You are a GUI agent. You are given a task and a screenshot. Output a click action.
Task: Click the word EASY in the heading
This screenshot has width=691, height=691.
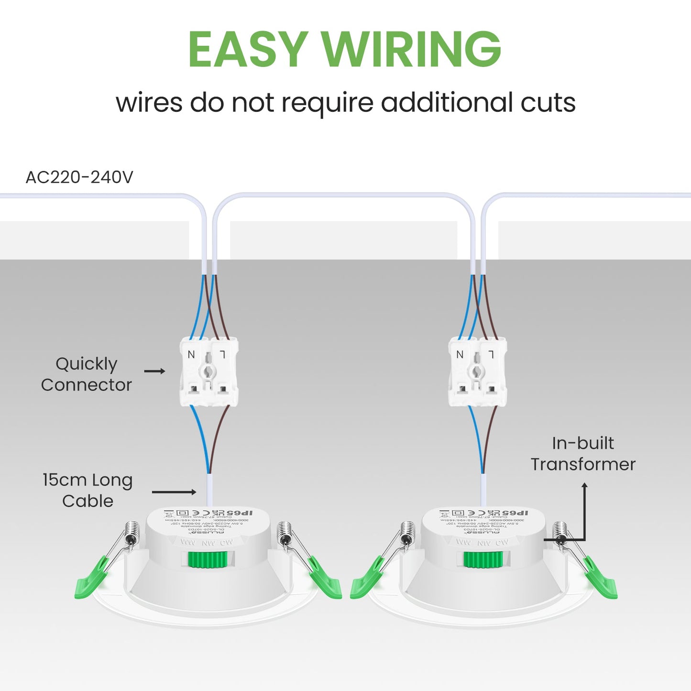click(247, 49)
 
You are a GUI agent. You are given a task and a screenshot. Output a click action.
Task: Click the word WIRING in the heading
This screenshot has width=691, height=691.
click(411, 49)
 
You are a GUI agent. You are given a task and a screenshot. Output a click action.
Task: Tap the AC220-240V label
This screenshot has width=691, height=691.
click(79, 177)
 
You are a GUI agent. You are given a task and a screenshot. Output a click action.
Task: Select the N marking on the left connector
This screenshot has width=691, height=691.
click(191, 354)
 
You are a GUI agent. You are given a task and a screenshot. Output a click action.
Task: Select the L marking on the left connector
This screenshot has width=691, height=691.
click(222, 354)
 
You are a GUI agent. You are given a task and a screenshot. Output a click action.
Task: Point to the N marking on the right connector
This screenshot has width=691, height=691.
click(460, 354)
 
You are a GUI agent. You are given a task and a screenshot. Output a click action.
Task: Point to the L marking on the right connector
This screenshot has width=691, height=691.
click(491, 354)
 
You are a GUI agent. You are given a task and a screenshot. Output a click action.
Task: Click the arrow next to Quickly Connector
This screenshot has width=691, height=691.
click(155, 371)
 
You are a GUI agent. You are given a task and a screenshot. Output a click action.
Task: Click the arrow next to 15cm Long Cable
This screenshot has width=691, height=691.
click(174, 492)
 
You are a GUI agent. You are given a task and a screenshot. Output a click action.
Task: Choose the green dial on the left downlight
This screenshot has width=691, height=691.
click(208, 559)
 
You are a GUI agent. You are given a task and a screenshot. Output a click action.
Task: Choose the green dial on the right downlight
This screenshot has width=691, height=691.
click(483, 559)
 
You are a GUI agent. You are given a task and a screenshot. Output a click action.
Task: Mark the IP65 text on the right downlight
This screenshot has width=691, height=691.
click(515, 513)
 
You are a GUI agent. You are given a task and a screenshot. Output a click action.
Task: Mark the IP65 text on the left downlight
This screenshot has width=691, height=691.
click(240, 513)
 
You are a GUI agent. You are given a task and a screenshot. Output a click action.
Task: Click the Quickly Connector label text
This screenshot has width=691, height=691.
click(87, 374)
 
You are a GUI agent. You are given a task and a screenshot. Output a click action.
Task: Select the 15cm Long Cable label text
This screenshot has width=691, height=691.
click(88, 491)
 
